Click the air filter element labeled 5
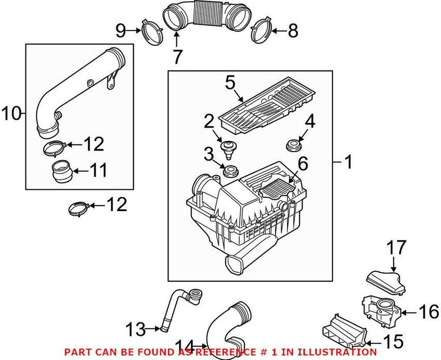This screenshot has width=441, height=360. [269, 105]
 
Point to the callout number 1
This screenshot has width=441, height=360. [348, 162]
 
